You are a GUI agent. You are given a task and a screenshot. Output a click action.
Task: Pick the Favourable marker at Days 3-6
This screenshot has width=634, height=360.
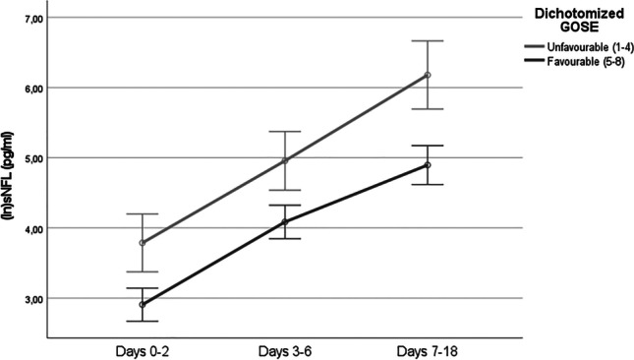click(x=284, y=222)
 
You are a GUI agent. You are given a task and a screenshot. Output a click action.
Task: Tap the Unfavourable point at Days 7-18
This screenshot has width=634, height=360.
click(x=428, y=75)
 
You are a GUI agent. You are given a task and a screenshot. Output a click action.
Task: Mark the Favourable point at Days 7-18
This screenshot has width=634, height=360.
click(x=428, y=165)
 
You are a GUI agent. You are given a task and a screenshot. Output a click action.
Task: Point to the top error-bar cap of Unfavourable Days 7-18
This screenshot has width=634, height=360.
click(x=428, y=41)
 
